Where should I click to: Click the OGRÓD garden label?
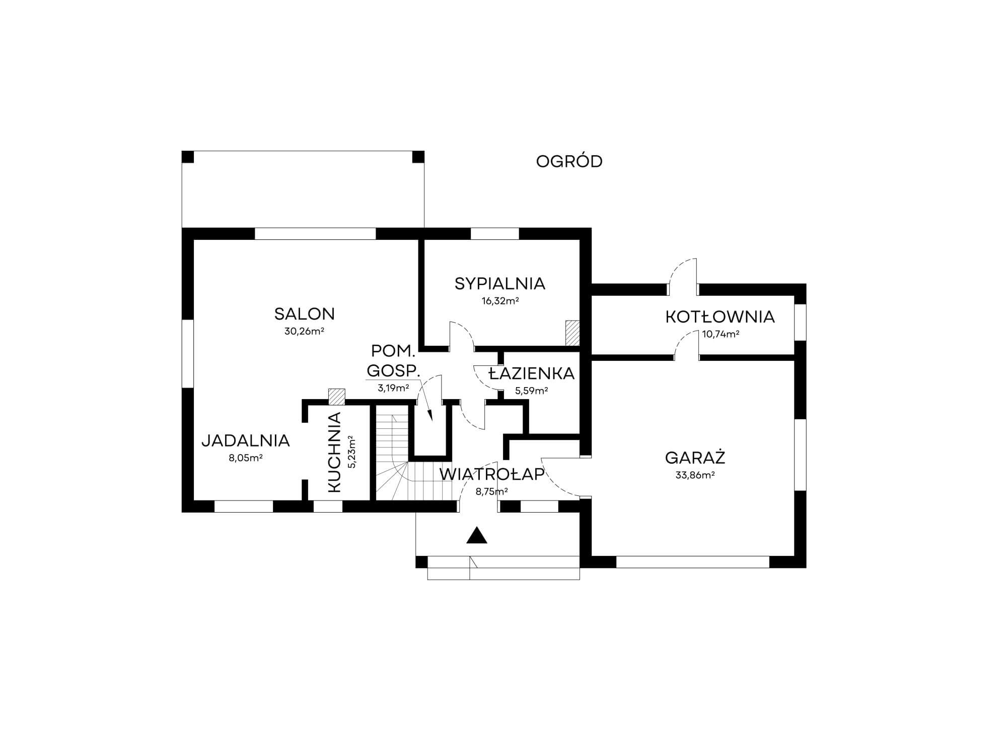coord(569,161)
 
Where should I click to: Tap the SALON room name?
coord(304,314)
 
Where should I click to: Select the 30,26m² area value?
coord(304,332)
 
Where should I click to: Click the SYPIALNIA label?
coord(499,284)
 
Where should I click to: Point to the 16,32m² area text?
coord(500,301)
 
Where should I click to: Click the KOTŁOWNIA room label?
coord(720,317)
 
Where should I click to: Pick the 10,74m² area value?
coord(721,334)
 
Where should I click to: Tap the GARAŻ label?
coord(695,458)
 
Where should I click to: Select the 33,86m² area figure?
coord(695,475)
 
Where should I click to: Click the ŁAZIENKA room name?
coord(532,373)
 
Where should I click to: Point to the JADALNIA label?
coord(246,440)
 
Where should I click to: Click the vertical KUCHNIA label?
coord(334,452)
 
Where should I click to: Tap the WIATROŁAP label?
coord(492,474)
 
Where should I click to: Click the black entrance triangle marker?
coord(477,536)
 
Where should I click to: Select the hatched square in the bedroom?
coord(572,333)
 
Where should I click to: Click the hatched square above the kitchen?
coord(336,397)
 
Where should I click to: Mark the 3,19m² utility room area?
coord(393,388)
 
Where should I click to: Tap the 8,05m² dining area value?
coord(246,458)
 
